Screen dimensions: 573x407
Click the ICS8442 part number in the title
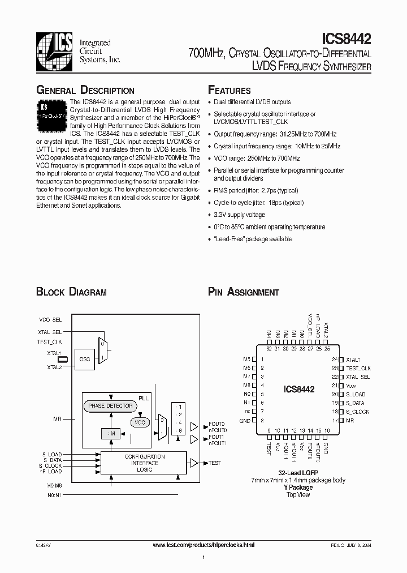pyautogui.click(x=346, y=39)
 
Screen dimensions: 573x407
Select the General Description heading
pyautogui.click(x=85, y=91)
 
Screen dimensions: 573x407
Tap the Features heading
pyautogui.click(x=230, y=91)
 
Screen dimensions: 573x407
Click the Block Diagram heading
pyautogui.click(x=71, y=292)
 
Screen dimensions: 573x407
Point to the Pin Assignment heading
pyautogui.click(x=244, y=292)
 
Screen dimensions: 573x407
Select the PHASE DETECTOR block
pyautogui.click(x=110, y=405)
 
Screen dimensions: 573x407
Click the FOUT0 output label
pyautogui.click(x=217, y=424)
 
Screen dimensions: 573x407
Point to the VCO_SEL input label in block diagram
pyautogui.click(x=50, y=319)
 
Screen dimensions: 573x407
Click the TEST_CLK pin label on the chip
pyautogui.click(x=358, y=368)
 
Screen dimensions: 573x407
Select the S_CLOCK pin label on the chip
pyautogui.click(x=358, y=411)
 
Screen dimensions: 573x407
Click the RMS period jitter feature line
pyautogui.click(x=256, y=191)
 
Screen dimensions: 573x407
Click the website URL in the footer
pyautogui.click(x=204, y=544)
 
